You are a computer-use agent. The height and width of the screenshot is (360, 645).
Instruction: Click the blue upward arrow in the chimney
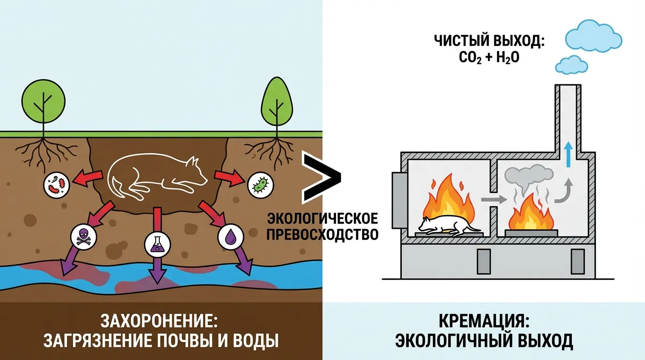click(569, 155)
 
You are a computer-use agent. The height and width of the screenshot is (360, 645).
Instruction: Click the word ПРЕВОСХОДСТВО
click(322, 234)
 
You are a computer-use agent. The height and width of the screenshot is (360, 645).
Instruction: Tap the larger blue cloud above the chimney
click(594, 35)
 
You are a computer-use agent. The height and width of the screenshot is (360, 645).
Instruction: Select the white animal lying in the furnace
click(448, 225)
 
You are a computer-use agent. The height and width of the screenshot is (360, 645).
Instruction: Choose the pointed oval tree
click(278, 100)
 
